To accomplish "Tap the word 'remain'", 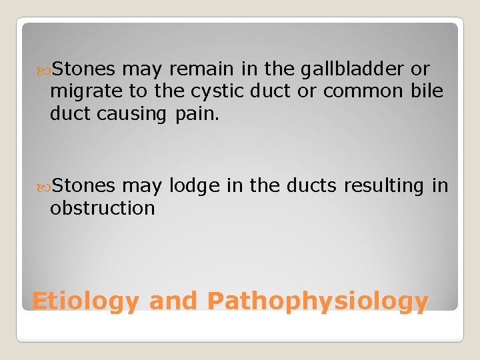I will pos(197,69).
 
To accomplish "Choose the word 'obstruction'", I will pos(102,208).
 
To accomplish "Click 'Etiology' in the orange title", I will pos(85,301).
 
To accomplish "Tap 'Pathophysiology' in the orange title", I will pos(317,301).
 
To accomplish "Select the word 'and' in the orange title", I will pos(173,301).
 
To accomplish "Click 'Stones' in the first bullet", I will pos(84,69).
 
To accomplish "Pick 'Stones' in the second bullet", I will pos(84,185).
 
